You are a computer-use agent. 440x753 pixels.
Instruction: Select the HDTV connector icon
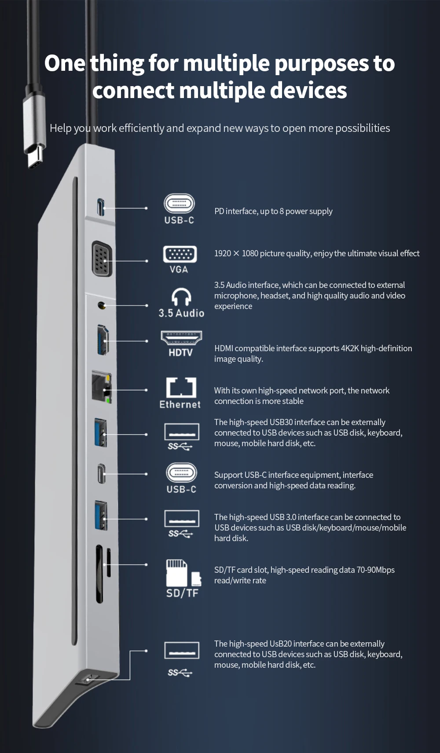[x=181, y=338]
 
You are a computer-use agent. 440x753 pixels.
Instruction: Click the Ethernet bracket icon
[x=181, y=387]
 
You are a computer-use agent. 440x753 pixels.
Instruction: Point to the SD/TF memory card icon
[x=183, y=572]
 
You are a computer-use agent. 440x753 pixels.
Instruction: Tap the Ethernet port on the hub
[x=102, y=387]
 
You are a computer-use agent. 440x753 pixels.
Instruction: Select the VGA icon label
[x=179, y=269]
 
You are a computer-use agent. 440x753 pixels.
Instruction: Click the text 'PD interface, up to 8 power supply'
[x=273, y=211]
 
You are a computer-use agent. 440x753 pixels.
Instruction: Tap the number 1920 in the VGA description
[x=223, y=254]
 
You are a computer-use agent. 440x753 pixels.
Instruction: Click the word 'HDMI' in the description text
[x=224, y=349]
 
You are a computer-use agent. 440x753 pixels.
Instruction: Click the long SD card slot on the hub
[x=99, y=574]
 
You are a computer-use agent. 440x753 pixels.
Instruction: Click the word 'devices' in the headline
[x=308, y=91]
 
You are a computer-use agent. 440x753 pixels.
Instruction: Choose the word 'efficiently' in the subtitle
[x=141, y=128]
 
